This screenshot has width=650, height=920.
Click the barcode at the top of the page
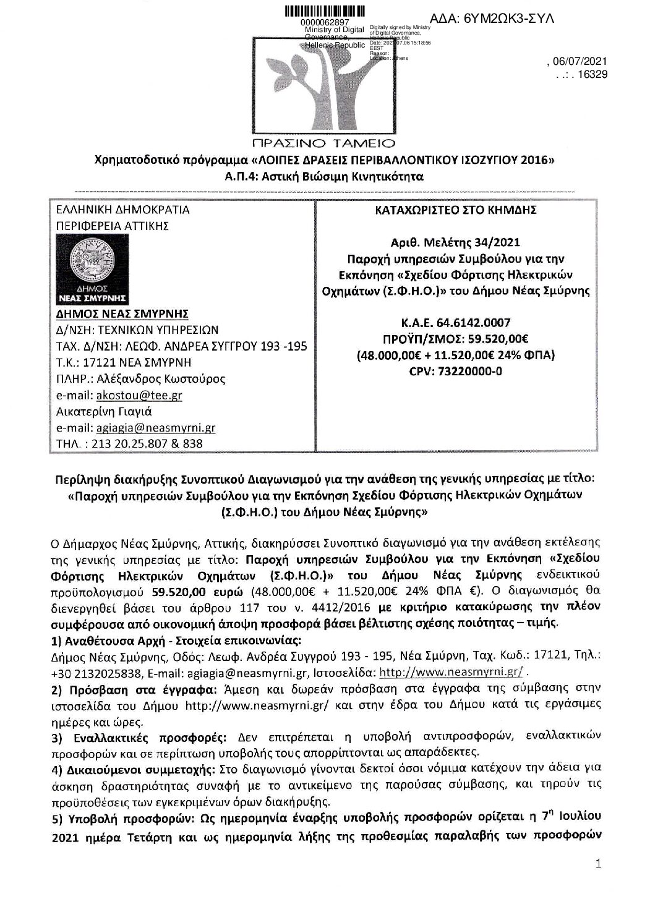[323, 11]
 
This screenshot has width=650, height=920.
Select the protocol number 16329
[591, 74]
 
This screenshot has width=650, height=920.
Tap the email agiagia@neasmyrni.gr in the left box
[153, 428]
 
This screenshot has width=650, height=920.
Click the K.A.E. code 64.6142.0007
[479, 322]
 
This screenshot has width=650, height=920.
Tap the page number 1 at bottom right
[597, 864]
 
